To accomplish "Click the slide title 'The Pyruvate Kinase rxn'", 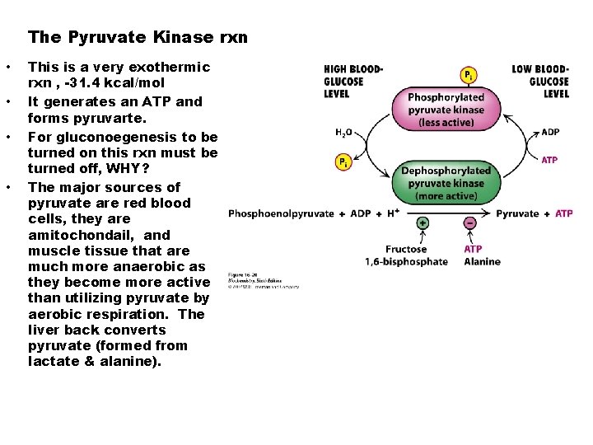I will click(x=138, y=37).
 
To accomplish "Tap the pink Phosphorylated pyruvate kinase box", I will click(x=446, y=109).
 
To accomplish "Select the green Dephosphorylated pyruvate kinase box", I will click(x=446, y=183).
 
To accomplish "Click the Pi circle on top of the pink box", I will click(x=468, y=75).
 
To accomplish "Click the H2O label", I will click(x=344, y=132).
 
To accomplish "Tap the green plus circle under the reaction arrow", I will click(x=423, y=222).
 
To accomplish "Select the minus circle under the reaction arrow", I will click(x=469, y=222).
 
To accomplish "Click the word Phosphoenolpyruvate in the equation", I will click(x=281, y=213).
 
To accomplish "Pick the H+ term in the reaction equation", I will click(x=395, y=213).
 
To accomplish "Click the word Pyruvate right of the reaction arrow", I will click(x=518, y=213).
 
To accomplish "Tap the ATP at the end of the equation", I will click(x=564, y=213).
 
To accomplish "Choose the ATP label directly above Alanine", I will click(x=473, y=249).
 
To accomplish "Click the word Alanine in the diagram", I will click(x=481, y=262).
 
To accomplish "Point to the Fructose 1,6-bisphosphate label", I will click(x=407, y=255).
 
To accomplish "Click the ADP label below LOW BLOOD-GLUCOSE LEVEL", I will click(x=550, y=132).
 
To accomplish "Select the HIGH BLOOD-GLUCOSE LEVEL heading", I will click(x=353, y=82).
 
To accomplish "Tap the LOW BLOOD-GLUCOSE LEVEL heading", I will click(x=540, y=82).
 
